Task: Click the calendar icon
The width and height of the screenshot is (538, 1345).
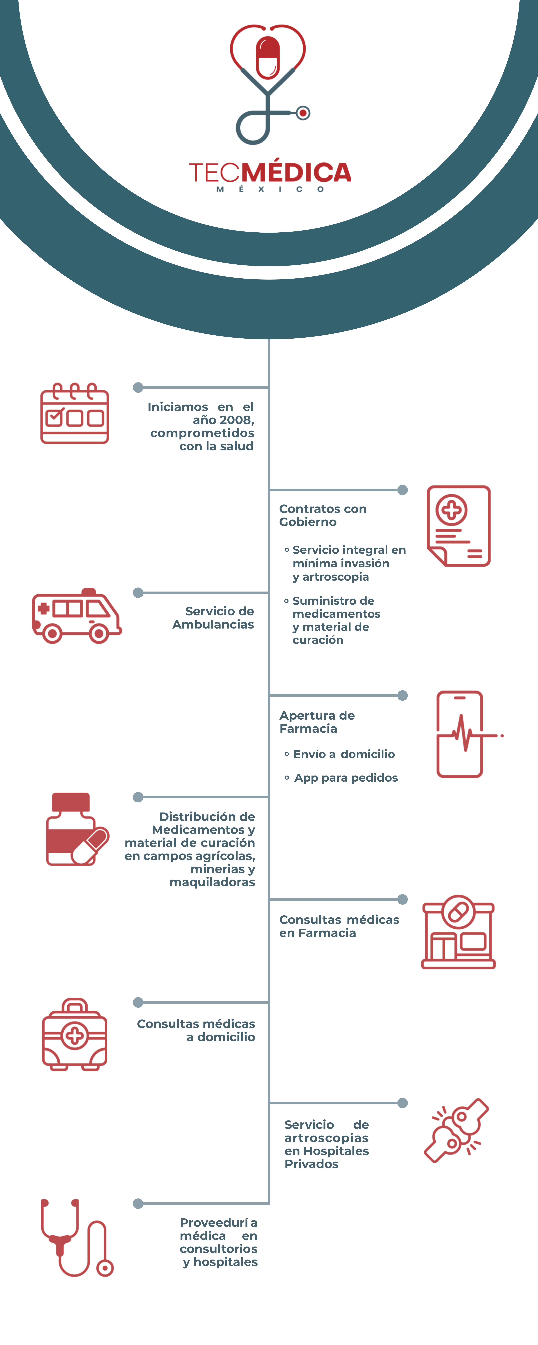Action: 75,414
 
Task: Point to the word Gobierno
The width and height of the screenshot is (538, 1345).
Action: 308,522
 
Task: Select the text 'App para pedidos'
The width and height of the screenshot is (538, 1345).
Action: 346,778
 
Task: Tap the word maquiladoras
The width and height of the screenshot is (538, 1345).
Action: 212,882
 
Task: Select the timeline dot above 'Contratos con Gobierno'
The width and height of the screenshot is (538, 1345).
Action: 402,490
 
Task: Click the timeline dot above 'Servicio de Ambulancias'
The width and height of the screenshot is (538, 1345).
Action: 138,593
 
